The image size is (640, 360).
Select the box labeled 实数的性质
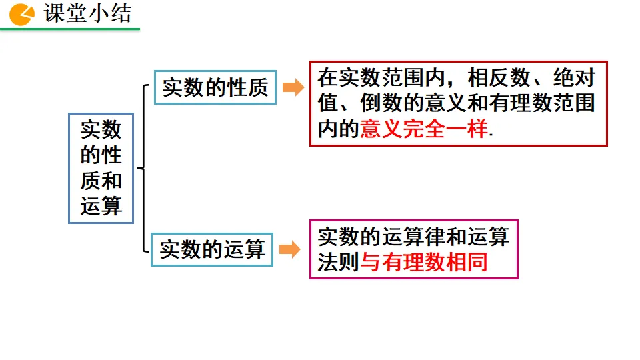(x=215, y=87)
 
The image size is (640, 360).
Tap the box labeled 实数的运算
(x=212, y=249)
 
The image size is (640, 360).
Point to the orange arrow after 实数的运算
(x=290, y=250)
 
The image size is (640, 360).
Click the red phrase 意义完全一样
(x=424, y=129)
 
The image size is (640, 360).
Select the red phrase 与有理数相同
(x=424, y=262)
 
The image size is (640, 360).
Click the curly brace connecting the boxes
(x=143, y=168)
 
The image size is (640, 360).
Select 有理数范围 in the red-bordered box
(x=543, y=103)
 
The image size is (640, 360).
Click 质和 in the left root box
(x=101, y=181)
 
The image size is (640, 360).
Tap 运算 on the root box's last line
(x=101, y=206)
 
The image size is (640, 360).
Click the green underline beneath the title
(x=70, y=29)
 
